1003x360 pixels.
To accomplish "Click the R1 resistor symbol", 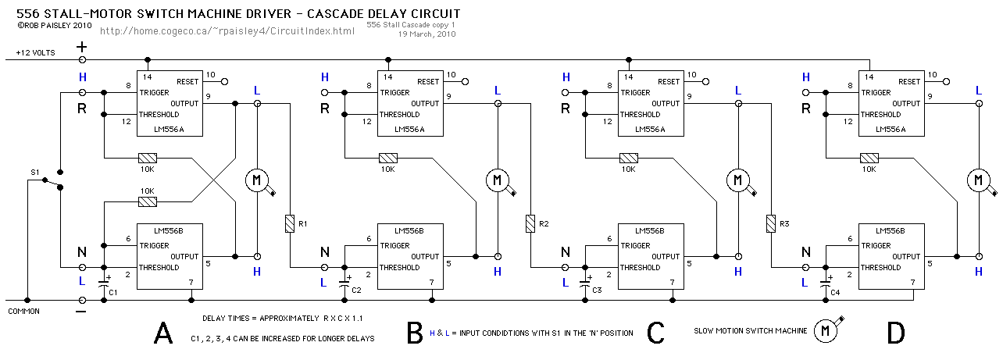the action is tap(290, 224).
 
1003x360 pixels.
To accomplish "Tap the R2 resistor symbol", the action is tap(530, 224).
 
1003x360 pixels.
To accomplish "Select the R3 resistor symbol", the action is tap(771, 224).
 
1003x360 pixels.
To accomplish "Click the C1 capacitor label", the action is tap(112, 292).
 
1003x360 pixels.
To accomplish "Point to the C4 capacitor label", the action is tap(835, 292).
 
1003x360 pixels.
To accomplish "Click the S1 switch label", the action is tap(35, 172).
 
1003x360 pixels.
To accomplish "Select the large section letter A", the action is tap(163, 333).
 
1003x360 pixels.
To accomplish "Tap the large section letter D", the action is tap(896, 333).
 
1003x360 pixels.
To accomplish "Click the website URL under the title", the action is tap(227, 31).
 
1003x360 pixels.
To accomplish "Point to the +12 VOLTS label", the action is tap(35, 53).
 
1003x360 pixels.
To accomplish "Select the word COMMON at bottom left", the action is tap(23, 312).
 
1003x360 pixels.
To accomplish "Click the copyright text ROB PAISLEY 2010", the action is tap(55, 26).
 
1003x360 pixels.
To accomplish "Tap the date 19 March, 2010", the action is tap(427, 34).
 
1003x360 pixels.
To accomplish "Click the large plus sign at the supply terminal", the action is tap(81, 47).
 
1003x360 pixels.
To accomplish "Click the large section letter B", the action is tap(415, 333).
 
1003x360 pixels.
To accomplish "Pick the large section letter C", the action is tap(655, 333).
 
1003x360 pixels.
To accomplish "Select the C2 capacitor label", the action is tap(356, 290).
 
